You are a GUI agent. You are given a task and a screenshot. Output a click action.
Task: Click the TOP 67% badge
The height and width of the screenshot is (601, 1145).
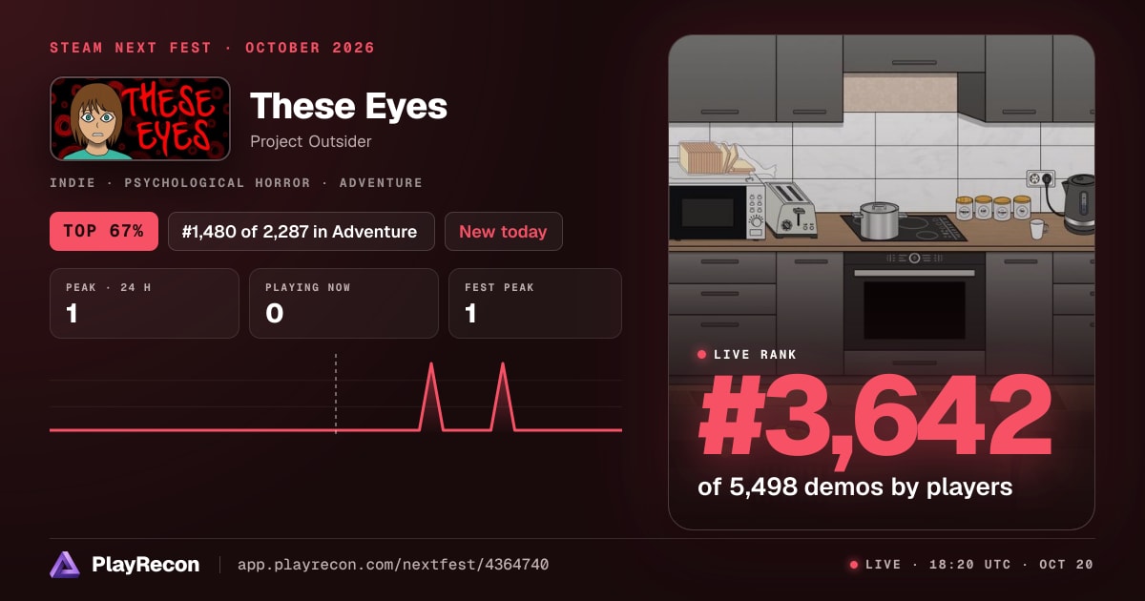(104, 231)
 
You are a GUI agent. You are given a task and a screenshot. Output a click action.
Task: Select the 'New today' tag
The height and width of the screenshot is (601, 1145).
(504, 232)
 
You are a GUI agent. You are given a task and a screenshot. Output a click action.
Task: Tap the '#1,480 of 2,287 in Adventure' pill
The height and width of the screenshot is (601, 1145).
(302, 232)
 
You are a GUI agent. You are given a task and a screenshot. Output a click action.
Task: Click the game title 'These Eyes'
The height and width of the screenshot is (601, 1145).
(348, 106)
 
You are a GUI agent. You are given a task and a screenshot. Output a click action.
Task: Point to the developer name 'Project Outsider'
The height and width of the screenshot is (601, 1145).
(311, 141)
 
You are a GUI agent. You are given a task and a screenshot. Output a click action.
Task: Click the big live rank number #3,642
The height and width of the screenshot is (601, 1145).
(875, 418)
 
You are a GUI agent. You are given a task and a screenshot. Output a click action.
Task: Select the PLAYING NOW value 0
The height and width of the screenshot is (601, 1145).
(275, 313)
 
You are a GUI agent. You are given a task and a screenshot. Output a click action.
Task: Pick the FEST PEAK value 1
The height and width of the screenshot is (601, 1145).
(470, 313)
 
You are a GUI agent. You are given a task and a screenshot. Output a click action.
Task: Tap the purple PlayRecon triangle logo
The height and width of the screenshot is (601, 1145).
(65, 565)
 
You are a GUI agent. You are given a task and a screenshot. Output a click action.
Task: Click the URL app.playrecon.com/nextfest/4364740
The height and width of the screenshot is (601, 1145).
(393, 565)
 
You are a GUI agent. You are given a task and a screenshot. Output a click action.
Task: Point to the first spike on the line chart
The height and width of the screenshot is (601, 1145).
(431, 363)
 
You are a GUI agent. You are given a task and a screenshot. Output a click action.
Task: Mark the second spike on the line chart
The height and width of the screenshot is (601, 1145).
(503, 363)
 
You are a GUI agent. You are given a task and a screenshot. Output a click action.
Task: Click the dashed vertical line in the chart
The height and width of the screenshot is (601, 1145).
(336, 393)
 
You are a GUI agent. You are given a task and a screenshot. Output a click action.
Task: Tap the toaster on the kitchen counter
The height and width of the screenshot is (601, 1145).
(790, 210)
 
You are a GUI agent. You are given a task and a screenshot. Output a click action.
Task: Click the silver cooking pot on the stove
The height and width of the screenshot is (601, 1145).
(879, 220)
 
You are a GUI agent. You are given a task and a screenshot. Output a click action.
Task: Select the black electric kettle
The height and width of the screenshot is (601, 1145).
(1078, 203)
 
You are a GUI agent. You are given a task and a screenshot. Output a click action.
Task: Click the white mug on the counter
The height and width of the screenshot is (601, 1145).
(1038, 229)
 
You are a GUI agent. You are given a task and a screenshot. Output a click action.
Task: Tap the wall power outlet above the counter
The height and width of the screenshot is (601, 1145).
(1041, 179)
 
